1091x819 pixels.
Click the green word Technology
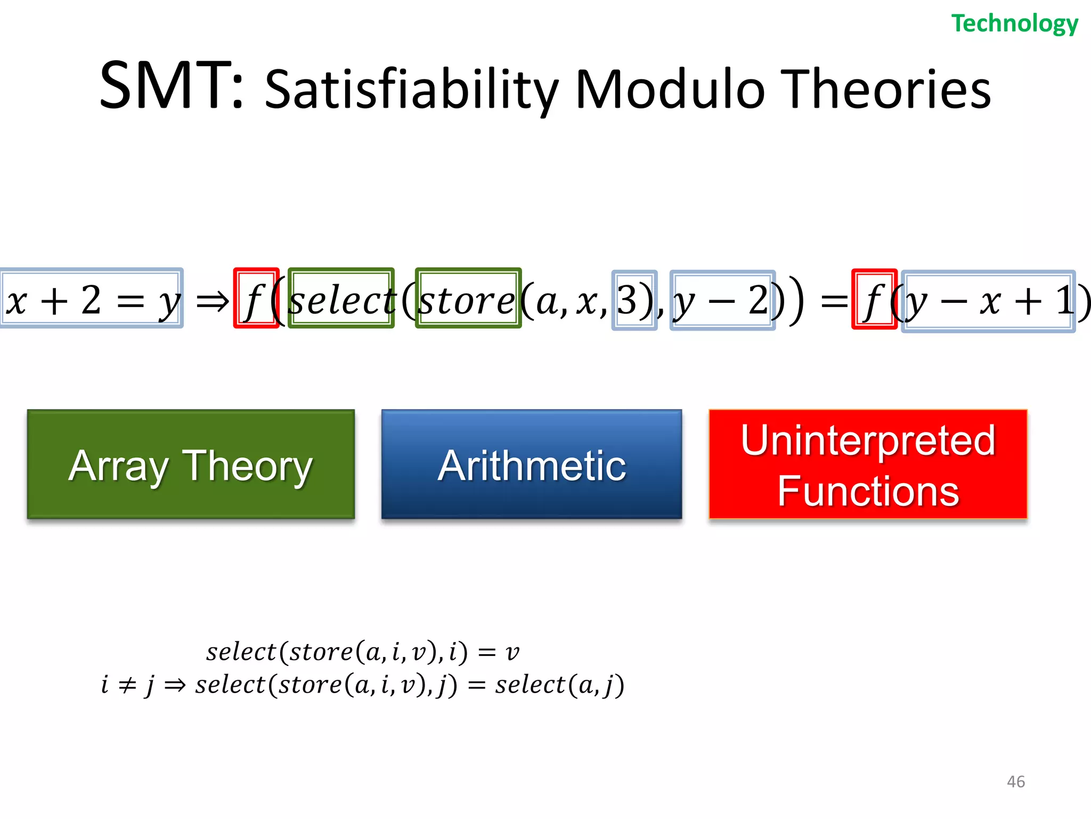(x=1014, y=24)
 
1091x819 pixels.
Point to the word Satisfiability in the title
(x=411, y=90)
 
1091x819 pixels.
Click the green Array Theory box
(x=191, y=464)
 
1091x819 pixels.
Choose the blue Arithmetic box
(x=531, y=464)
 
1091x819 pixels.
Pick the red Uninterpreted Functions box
(x=867, y=464)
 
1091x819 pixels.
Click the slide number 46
(x=1015, y=782)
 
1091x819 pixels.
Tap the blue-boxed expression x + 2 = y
(x=92, y=299)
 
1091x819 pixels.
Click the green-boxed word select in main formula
(x=341, y=299)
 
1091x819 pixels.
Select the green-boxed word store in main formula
(x=468, y=299)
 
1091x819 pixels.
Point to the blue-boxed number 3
(x=633, y=300)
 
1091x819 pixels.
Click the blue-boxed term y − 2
(x=722, y=300)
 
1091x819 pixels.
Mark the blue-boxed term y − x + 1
(x=988, y=301)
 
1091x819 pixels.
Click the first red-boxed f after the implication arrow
(x=256, y=299)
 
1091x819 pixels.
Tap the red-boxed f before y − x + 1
(x=874, y=300)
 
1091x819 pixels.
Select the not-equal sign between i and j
(x=127, y=685)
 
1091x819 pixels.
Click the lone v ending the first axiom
(x=512, y=652)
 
